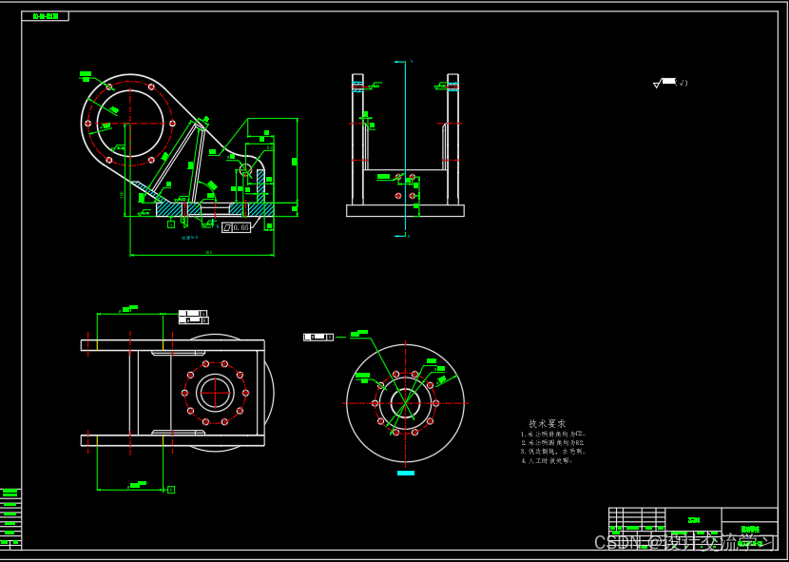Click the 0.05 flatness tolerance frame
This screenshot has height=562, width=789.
(x=236, y=227)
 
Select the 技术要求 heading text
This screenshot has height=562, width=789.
(x=548, y=423)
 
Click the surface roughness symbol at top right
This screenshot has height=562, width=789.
(x=666, y=83)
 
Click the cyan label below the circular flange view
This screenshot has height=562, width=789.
(x=406, y=473)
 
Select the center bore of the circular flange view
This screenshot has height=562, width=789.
(x=406, y=403)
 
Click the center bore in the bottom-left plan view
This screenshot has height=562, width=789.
(x=215, y=393)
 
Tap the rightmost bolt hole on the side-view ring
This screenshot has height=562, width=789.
(x=172, y=123)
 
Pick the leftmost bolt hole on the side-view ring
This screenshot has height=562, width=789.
(x=87, y=123)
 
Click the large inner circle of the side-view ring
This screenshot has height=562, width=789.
(x=130, y=123)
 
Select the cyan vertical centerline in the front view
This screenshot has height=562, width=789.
(x=406, y=143)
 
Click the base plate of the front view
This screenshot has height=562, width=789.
(x=405, y=210)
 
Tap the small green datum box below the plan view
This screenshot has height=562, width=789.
(x=171, y=490)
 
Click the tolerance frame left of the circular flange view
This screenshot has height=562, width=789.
(x=318, y=337)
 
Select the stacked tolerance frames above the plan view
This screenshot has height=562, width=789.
(x=193, y=317)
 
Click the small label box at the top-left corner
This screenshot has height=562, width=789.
(x=45, y=16)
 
